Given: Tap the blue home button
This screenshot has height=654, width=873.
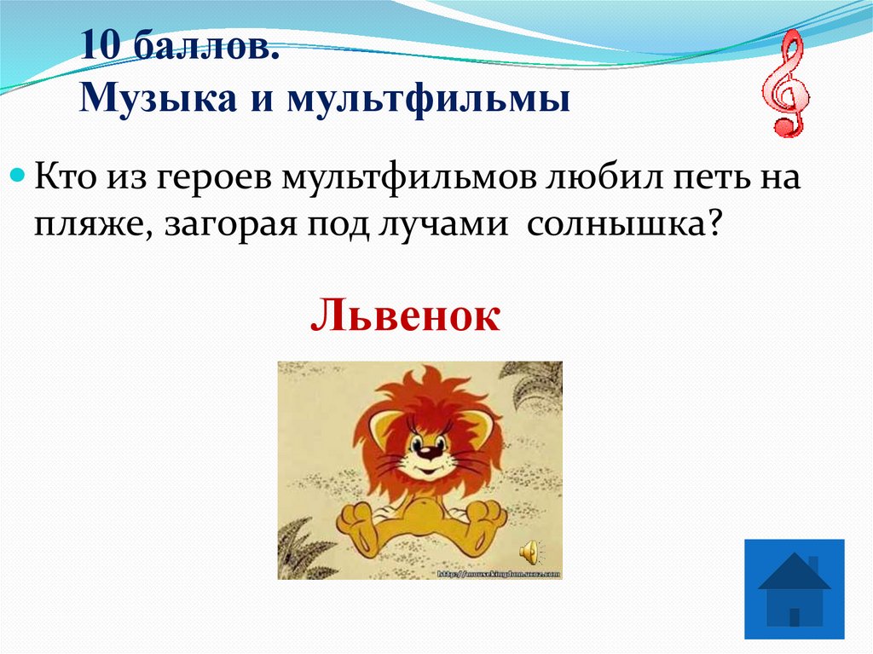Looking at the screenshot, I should [x=794, y=588].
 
